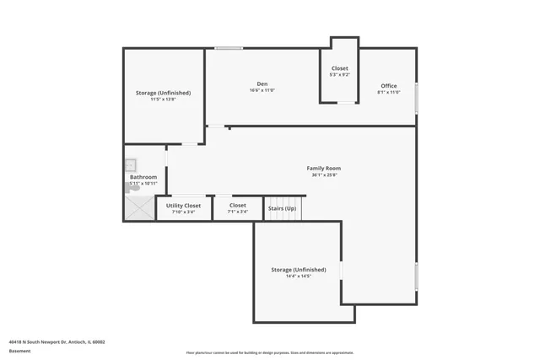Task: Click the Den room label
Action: [262, 83]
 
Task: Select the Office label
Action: [388, 85]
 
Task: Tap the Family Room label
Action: [323, 169]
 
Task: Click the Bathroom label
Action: [143, 177]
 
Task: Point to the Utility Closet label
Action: [183, 205]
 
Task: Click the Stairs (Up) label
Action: [282, 207]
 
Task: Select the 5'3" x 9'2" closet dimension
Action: [339, 75]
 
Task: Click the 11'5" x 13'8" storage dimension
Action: [164, 99]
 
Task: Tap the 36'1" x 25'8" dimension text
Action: [323, 175]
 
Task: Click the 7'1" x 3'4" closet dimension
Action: [238, 212]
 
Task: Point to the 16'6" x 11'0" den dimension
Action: [262, 90]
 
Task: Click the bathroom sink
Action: [131, 164]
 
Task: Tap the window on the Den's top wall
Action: [229, 48]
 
